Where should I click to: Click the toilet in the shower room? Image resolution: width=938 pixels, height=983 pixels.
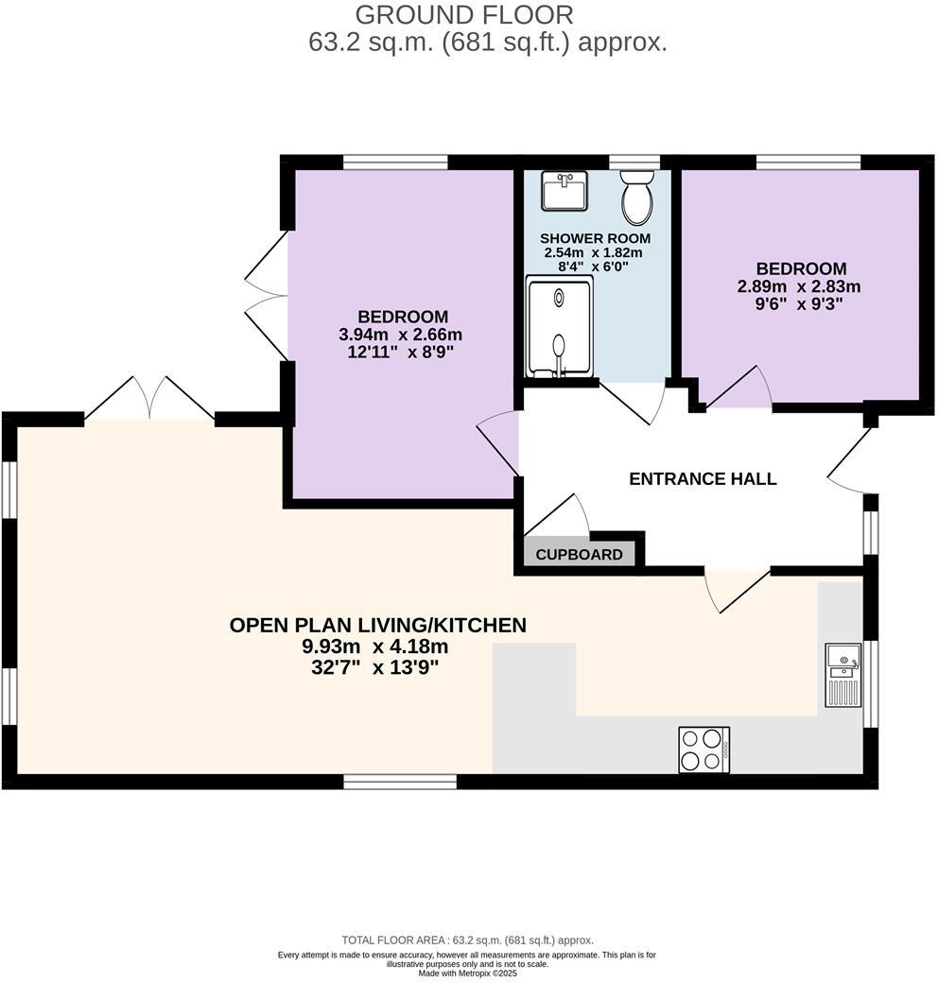(x=637, y=197)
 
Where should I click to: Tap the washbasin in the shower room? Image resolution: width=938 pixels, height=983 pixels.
(x=565, y=190)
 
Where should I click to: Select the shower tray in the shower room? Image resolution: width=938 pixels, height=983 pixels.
(x=559, y=326)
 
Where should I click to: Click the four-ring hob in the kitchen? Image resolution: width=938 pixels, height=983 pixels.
(x=704, y=750)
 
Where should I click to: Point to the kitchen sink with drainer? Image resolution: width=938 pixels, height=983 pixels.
(x=844, y=675)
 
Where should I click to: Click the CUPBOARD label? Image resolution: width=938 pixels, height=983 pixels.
(x=580, y=555)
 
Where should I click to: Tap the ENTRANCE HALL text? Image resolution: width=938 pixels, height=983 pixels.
(x=703, y=479)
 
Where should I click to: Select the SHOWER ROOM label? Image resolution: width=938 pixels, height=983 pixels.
(x=595, y=238)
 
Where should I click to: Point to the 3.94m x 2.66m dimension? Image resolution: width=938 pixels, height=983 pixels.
(x=401, y=335)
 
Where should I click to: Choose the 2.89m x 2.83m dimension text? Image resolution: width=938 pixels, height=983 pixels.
(x=799, y=286)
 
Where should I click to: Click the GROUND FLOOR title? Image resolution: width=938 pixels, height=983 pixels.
(x=464, y=14)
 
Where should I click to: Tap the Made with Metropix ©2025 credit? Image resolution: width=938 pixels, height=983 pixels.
(x=468, y=974)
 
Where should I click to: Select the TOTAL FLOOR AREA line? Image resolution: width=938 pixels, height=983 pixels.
(x=468, y=940)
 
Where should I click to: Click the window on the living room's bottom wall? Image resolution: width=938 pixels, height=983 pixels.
(x=400, y=781)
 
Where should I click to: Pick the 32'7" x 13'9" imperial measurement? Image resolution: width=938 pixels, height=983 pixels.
(x=375, y=667)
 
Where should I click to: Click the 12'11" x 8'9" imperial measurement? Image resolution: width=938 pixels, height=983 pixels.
(x=401, y=352)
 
